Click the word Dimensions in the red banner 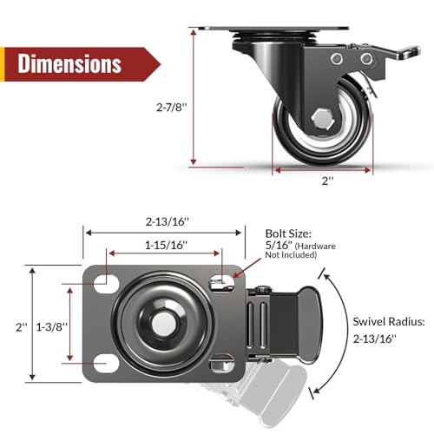[69, 63]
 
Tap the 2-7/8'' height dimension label [172, 108]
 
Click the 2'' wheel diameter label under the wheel [328, 181]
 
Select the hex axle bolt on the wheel [323, 119]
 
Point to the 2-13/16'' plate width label [168, 221]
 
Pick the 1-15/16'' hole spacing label [166, 246]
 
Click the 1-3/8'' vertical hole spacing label [51, 327]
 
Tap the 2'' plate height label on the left [22, 327]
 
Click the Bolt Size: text [288, 233]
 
